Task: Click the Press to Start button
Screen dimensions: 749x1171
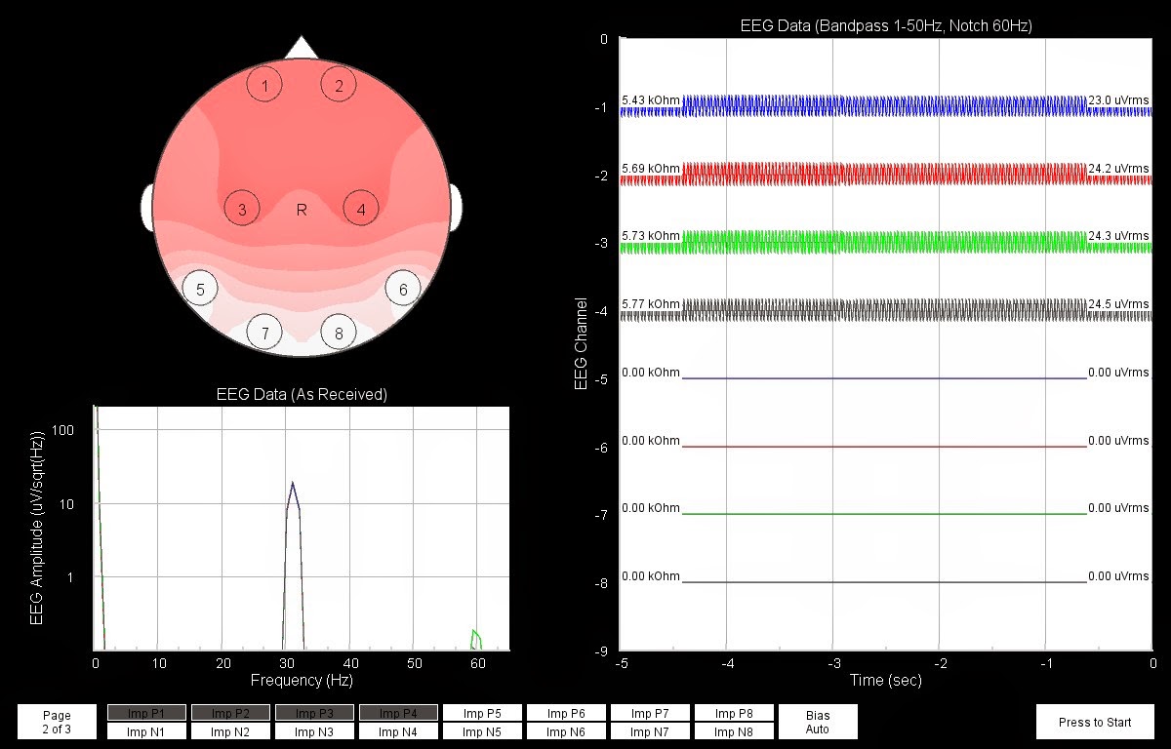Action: (1095, 722)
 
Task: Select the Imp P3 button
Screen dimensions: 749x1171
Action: (314, 713)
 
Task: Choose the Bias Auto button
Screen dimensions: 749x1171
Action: (818, 722)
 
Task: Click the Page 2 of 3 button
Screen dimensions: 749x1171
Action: (57, 722)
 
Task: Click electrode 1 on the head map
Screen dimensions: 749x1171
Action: (264, 85)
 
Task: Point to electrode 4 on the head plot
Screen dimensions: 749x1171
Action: (361, 209)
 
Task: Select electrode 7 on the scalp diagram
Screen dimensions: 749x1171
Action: (263, 334)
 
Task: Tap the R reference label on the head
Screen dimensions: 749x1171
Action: (302, 209)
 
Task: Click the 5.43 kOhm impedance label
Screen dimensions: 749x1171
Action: (650, 100)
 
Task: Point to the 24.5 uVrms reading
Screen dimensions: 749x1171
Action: (1118, 304)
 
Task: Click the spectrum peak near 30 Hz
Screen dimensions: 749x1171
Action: (292, 484)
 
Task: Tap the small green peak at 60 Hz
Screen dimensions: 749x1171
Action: (474, 634)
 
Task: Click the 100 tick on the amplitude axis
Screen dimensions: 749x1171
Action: (66, 430)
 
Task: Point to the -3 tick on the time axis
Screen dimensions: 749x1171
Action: (831, 664)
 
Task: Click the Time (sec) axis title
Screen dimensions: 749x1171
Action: (885, 681)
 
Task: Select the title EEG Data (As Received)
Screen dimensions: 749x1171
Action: (302, 394)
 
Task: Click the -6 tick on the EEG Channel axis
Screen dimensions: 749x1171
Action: (603, 448)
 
